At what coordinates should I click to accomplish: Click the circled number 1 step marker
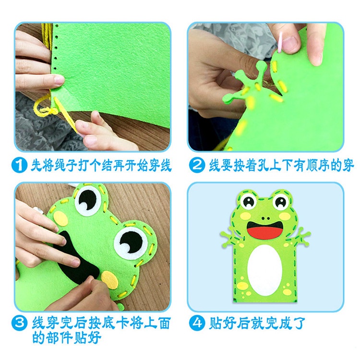pyautogui.click(x=19, y=165)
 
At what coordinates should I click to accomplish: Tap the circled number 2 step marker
pyautogui.click(x=197, y=165)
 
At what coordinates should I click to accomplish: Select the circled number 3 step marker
pyautogui.click(x=19, y=323)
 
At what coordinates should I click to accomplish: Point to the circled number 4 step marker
pyautogui.click(x=197, y=323)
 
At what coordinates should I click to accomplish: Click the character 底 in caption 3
pyautogui.click(x=108, y=323)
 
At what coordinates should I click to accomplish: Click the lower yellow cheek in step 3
pyautogui.click(x=110, y=280)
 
